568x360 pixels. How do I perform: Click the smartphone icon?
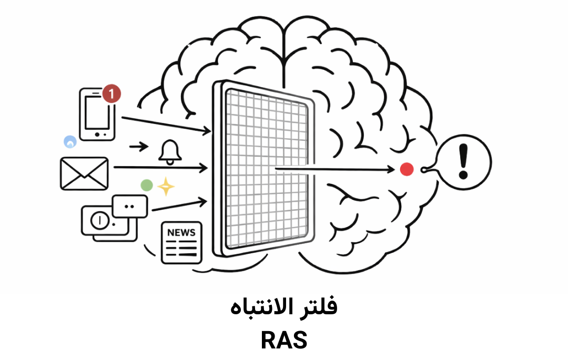click(x=96, y=115)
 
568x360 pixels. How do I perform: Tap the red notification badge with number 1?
click(x=111, y=95)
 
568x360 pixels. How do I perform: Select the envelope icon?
click(x=84, y=173)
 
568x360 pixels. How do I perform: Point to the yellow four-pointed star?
click(x=166, y=187)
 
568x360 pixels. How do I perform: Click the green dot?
click(x=147, y=185)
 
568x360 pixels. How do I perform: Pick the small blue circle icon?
click(x=69, y=141)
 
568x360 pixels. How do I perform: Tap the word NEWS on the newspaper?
click(x=181, y=232)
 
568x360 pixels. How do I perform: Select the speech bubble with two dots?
click(x=130, y=206)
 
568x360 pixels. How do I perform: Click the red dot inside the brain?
click(x=407, y=169)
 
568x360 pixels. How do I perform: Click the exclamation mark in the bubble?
click(x=463, y=161)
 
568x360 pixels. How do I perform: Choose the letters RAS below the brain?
click(x=284, y=341)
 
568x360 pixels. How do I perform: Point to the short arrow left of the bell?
click(x=139, y=147)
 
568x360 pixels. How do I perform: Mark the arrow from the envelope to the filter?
click(x=160, y=168)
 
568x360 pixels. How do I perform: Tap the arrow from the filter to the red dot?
click(x=337, y=169)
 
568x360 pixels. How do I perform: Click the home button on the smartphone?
click(x=97, y=135)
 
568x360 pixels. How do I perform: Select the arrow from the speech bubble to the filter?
click(x=179, y=205)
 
